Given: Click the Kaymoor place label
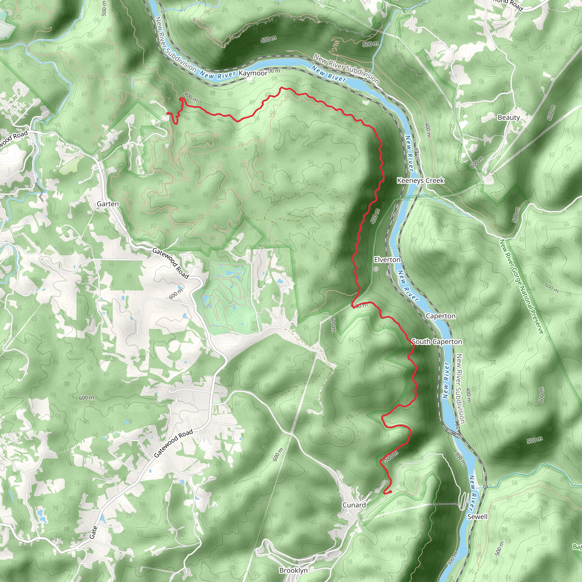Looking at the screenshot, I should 253,73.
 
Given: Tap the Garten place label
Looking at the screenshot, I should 108,204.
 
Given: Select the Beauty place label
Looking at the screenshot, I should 508,117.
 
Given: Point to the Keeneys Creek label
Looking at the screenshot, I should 420,180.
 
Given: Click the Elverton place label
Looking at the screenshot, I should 387,260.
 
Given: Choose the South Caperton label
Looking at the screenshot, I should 436,342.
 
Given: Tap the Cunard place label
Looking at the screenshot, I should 354,505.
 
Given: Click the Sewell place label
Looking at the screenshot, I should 477,517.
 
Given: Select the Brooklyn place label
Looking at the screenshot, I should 293,570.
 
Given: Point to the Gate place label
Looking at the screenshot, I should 93,532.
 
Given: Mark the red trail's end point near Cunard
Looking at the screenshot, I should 390,492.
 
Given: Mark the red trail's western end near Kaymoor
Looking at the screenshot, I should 168,113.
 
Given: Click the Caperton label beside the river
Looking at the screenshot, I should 440,316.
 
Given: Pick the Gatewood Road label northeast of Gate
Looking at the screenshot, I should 173,443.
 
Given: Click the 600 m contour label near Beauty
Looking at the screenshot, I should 551,112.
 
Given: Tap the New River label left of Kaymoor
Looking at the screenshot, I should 217,75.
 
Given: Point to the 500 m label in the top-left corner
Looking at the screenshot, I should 104,9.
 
